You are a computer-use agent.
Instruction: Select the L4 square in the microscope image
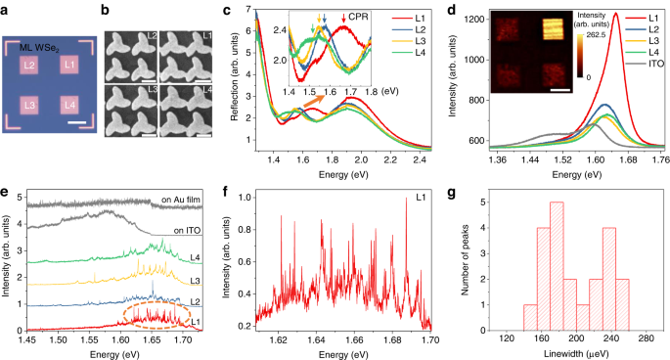tap(69, 104)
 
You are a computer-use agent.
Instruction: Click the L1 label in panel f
tap(417, 200)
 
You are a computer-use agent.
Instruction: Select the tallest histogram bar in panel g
tap(557, 264)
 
